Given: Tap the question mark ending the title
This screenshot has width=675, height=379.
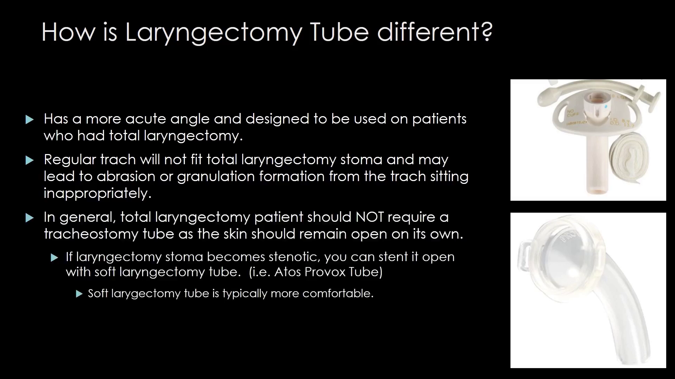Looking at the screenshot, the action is coord(487,32).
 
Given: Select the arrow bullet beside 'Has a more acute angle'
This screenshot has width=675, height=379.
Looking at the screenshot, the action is coord(30,120).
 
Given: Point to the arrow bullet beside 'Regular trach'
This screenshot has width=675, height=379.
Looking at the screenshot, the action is coord(30,161).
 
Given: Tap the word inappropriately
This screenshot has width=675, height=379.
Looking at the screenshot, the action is coord(97,193).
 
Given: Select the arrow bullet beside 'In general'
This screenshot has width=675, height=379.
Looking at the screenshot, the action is coord(30,218).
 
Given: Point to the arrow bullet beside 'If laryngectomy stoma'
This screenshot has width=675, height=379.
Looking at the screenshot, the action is coord(54,258).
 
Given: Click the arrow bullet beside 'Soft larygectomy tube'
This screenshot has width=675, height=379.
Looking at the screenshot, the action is coord(79,294).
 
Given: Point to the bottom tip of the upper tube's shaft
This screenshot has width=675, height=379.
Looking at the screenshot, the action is coord(597,192).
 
